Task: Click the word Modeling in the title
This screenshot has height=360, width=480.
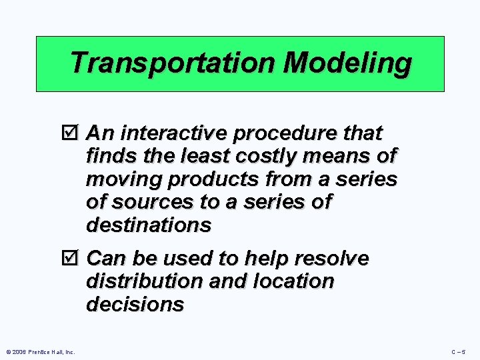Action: (347, 64)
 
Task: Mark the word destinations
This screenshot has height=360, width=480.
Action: (148, 225)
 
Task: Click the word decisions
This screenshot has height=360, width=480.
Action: (135, 305)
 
